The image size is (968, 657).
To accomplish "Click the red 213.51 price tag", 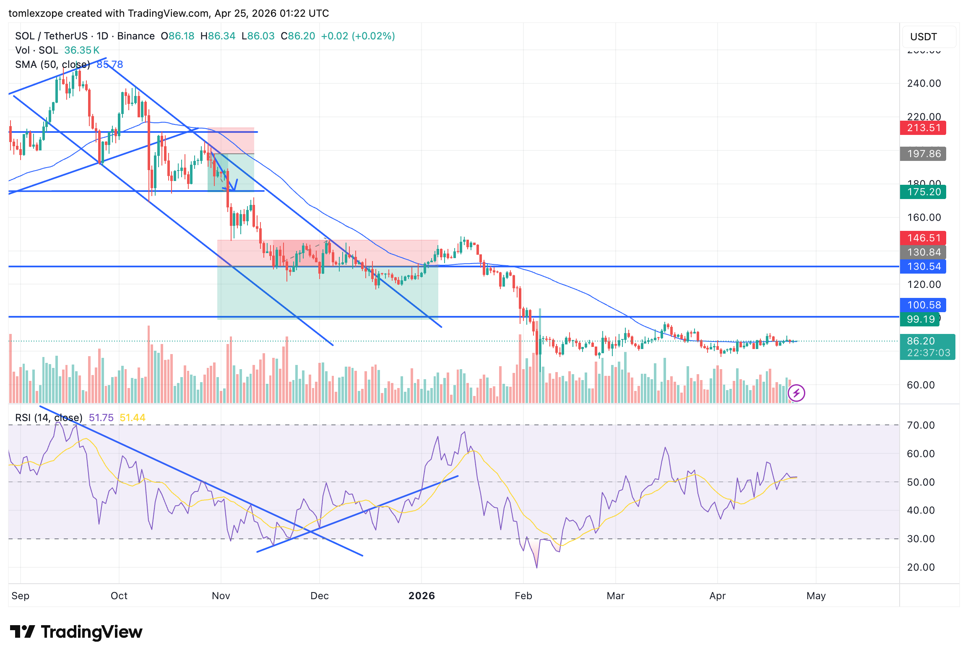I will pyautogui.click(x=923, y=128).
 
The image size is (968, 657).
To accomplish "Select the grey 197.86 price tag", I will pyautogui.click(x=923, y=154).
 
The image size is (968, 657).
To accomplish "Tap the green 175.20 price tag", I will pyautogui.click(x=923, y=192).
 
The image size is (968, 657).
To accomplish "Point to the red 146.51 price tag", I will pyautogui.click(x=923, y=238).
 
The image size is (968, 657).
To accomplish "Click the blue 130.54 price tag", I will pyautogui.click(x=923, y=266).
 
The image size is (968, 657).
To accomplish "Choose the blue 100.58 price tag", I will pyautogui.click(x=923, y=305).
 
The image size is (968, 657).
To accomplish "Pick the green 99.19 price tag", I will pyautogui.click(x=920, y=319).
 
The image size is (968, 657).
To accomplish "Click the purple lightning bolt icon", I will pyautogui.click(x=796, y=393).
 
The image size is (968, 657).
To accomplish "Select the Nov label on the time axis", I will pyautogui.click(x=221, y=596).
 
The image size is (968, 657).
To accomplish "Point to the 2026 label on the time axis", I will pyautogui.click(x=422, y=596).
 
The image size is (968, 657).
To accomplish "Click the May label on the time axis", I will pyautogui.click(x=816, y=596).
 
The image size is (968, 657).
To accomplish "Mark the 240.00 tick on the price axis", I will pyautogui.click(x=924, y=83).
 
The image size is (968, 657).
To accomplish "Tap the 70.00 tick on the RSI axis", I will pyautogui.click(x=921, y=425).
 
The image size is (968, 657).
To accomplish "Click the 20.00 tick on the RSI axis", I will pyautogui.click(x=921, y=567).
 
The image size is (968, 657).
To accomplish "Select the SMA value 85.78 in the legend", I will pyautogui.click(x=110, y=65).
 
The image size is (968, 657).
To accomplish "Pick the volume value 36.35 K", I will pyautogui.click(x=82, y=50).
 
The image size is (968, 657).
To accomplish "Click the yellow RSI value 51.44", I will pyautogui.click(x=133, y=418).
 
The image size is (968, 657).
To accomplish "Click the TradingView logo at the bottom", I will pyautogui.click(x=76, y=632).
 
